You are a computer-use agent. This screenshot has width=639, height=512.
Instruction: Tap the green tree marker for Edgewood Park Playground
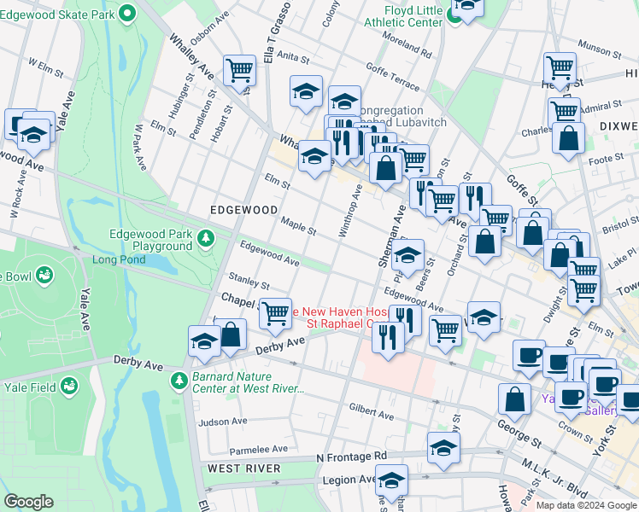(x=206, y=238)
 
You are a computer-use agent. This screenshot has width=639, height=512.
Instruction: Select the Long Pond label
(x=120, y=259)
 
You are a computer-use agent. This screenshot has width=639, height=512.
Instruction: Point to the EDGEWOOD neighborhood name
(x=244, y=209)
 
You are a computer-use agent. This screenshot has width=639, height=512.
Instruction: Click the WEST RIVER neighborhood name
(x=243, y=468)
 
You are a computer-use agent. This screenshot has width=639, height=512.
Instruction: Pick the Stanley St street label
(x=249, y=280)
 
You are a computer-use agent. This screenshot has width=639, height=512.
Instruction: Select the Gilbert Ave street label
(x=371, y=415)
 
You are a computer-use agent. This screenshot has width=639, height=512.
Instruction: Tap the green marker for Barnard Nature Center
(x=179, y=379)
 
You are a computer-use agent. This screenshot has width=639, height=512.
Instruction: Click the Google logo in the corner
(x=28, y=502)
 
